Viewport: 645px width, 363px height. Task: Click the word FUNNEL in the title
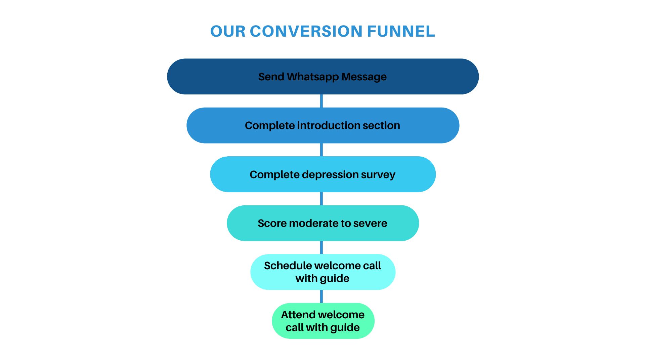401,31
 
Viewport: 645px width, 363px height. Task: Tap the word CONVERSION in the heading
306,31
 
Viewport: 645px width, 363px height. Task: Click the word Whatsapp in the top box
313,77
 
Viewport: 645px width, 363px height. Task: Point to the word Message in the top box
364,77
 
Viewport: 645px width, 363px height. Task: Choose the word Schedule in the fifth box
288,266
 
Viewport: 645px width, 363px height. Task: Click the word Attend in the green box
298,315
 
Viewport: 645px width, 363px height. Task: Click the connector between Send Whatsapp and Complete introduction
321,101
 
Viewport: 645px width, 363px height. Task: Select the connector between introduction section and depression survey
321,150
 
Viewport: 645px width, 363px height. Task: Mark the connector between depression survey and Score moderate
321,199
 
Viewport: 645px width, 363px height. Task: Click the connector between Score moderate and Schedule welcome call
321,247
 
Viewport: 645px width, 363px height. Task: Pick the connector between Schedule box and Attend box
321,296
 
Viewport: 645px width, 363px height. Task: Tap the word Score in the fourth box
272,224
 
